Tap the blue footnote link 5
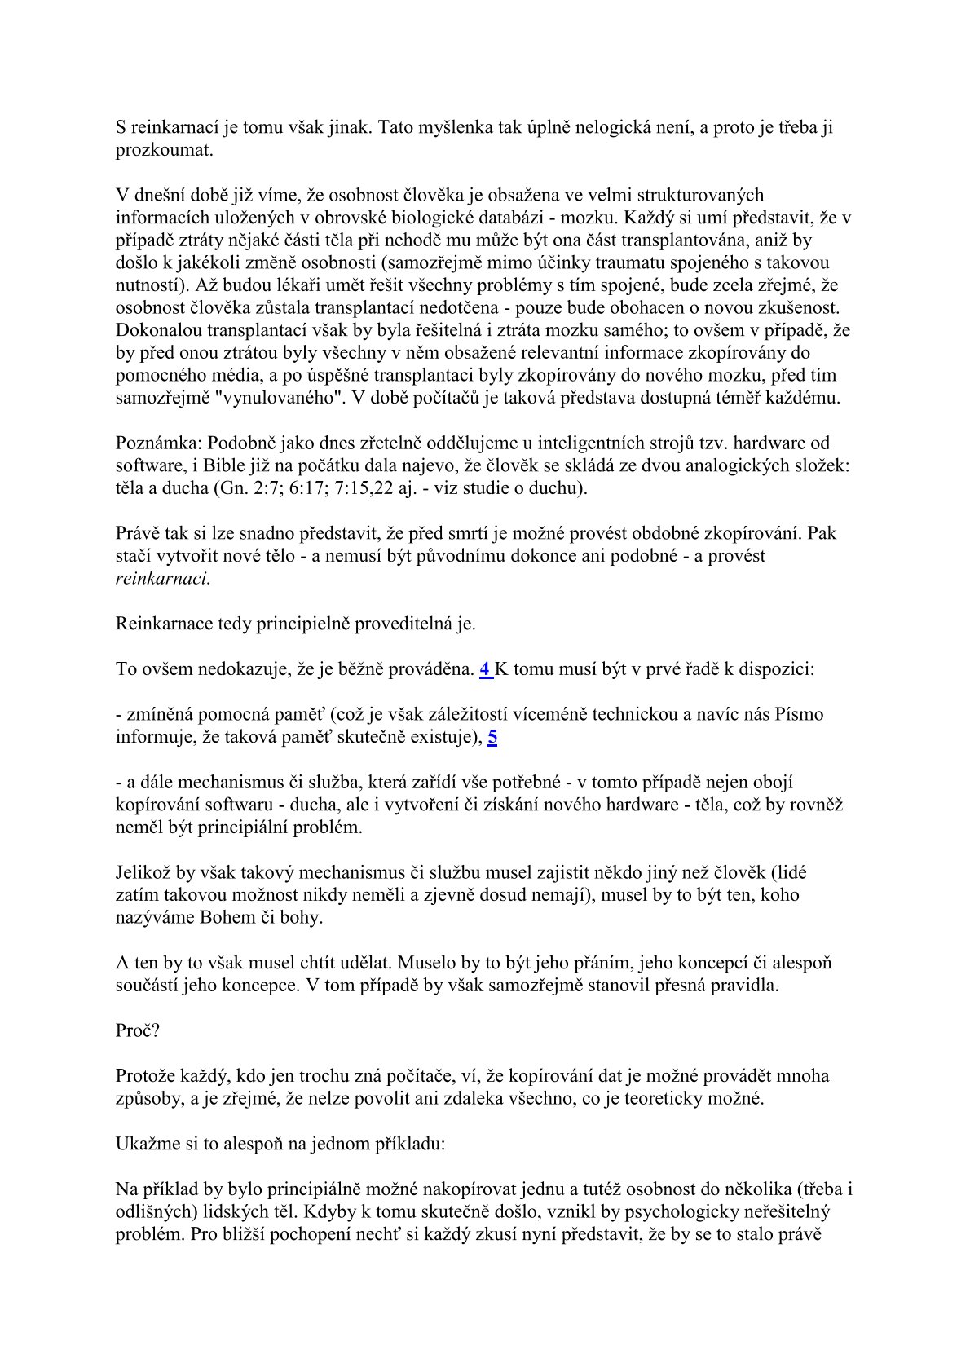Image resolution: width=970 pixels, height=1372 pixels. (x=492, y=737)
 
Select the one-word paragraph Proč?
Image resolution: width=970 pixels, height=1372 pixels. (x=138, y=1030)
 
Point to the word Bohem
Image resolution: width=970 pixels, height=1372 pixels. (x=225, y=918)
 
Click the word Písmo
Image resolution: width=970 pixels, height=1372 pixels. (x=798, y=715)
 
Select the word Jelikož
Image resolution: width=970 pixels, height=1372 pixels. (x=143, y=873)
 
